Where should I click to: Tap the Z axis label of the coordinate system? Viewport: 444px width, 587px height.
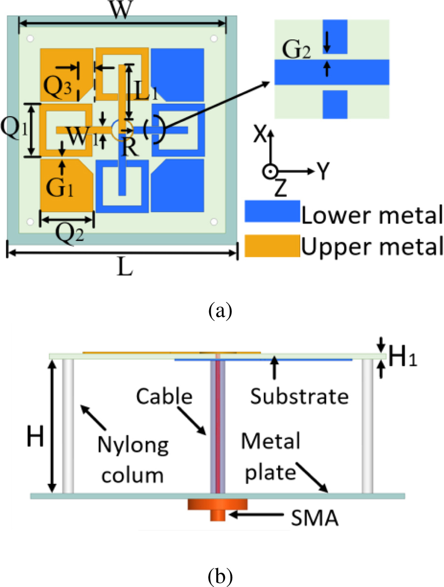tap(280, 189)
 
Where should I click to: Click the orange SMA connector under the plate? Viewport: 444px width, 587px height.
tap(217, 508)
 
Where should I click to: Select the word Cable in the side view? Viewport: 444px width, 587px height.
tap(164, 396)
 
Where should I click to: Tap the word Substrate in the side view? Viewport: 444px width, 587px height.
tap(298, 396)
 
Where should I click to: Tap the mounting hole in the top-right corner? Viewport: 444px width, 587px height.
tap(213, 38)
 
